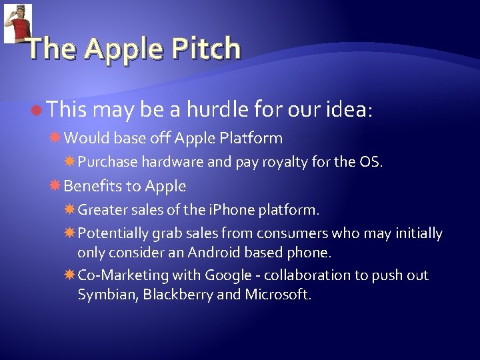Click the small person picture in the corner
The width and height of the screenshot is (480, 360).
18,23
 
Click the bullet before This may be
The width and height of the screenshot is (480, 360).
38,109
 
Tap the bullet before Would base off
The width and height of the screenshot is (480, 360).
56,138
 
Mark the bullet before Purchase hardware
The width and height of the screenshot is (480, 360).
69,162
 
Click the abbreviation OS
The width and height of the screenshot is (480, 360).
371,162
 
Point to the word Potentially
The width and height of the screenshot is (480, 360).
113,233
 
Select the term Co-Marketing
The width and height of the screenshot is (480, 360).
123,275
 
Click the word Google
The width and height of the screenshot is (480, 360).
228,275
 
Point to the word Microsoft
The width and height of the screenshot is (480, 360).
277,295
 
